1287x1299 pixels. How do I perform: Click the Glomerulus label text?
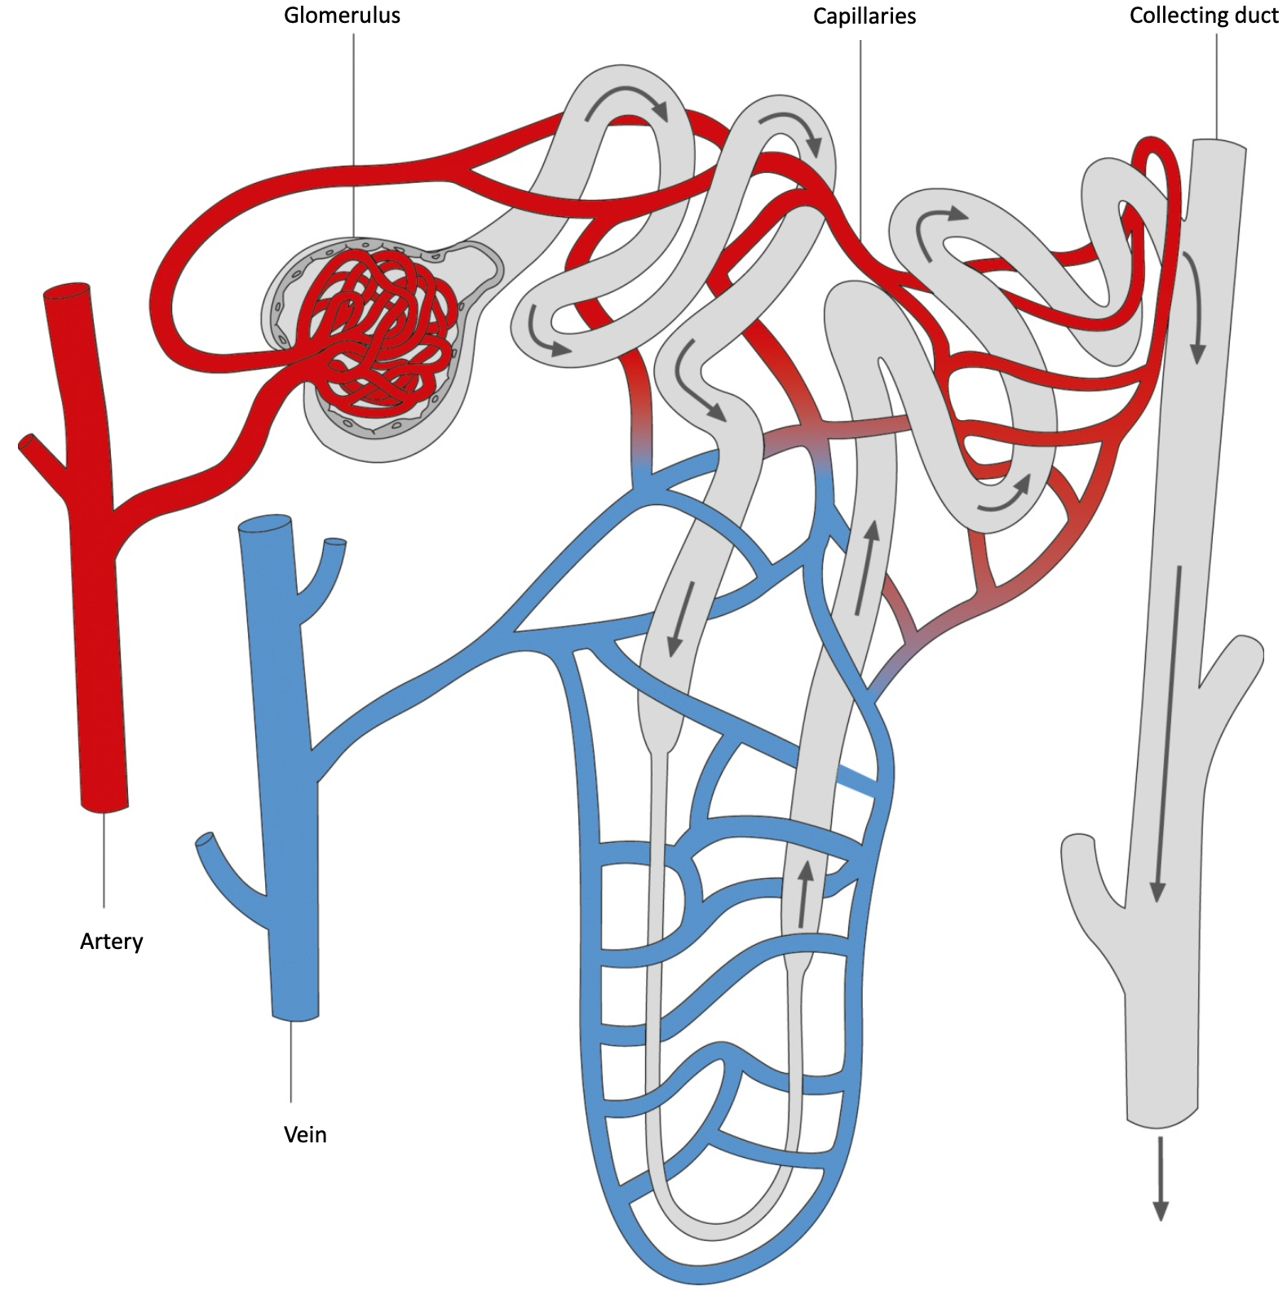342,16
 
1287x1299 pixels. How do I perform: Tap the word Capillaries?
864,16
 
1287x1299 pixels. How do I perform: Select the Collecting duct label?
1203,16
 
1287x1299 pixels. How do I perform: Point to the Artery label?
111,941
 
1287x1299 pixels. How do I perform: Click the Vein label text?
305,1134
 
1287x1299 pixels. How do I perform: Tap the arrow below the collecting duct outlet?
1160,1178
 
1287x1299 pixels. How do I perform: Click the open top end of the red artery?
67,291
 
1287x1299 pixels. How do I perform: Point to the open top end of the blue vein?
264,525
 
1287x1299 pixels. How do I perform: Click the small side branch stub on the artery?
33,450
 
